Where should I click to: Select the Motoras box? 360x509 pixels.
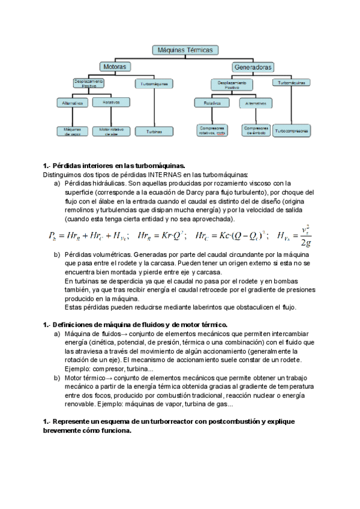click(115, 67)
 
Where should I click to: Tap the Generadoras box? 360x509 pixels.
click(254, 67)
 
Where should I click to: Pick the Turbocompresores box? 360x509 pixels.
click(292, 130)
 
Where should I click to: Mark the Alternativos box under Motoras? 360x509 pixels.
click(73, 103)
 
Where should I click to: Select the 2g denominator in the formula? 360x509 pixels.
click(306, 242)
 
